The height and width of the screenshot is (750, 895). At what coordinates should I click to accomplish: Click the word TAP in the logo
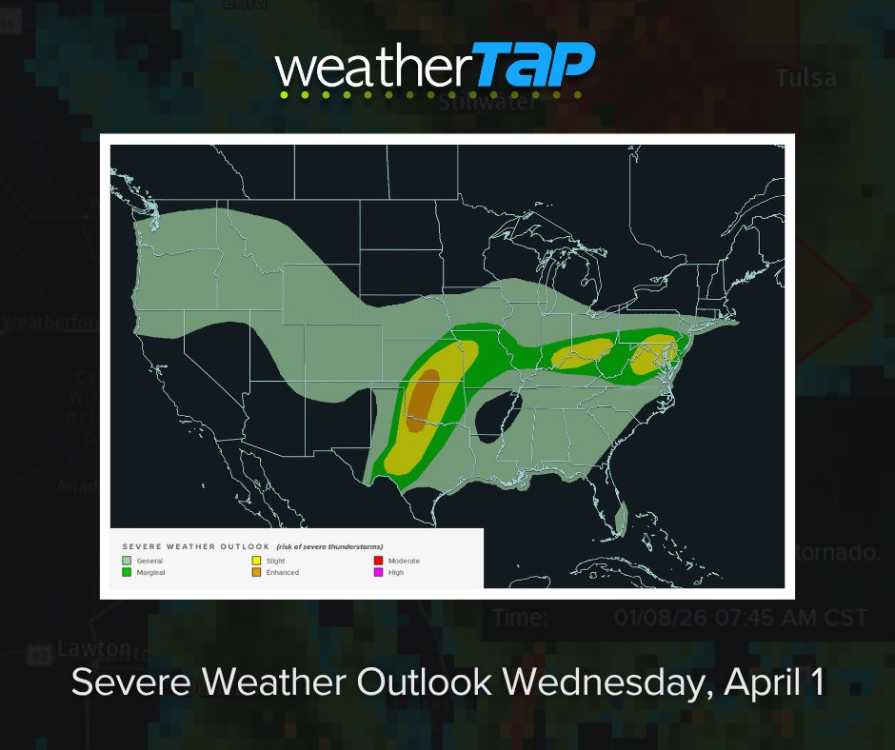coord(535,68)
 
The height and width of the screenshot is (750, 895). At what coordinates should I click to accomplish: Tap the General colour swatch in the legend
coord(127,562)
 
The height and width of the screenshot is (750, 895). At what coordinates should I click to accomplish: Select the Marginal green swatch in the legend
coord(127,573)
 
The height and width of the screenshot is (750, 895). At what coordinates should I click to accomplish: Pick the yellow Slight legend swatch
coord(256,562)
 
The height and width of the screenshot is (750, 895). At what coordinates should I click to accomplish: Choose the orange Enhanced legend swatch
coord(256,573)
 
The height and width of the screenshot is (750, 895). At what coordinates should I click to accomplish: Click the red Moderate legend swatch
coord(378,562)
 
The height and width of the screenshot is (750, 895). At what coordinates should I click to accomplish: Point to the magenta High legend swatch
coord(378,573)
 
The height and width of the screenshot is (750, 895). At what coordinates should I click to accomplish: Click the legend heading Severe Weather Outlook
coord(195,547)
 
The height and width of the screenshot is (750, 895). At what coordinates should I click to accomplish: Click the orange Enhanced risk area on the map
coord(423,395)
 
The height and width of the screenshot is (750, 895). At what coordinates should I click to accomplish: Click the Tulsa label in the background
coord(805,78)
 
